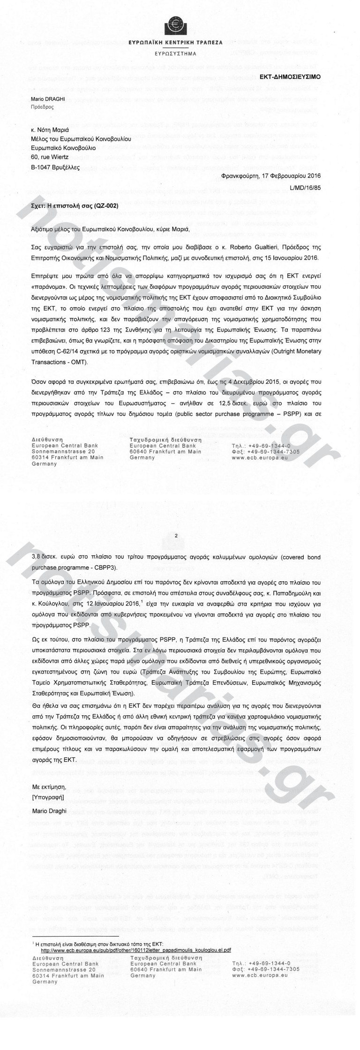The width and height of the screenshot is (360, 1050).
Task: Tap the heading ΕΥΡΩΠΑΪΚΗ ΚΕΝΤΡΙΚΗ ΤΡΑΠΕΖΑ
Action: click(x=176, y=43)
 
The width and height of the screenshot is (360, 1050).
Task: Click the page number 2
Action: click(x=176, y=535)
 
